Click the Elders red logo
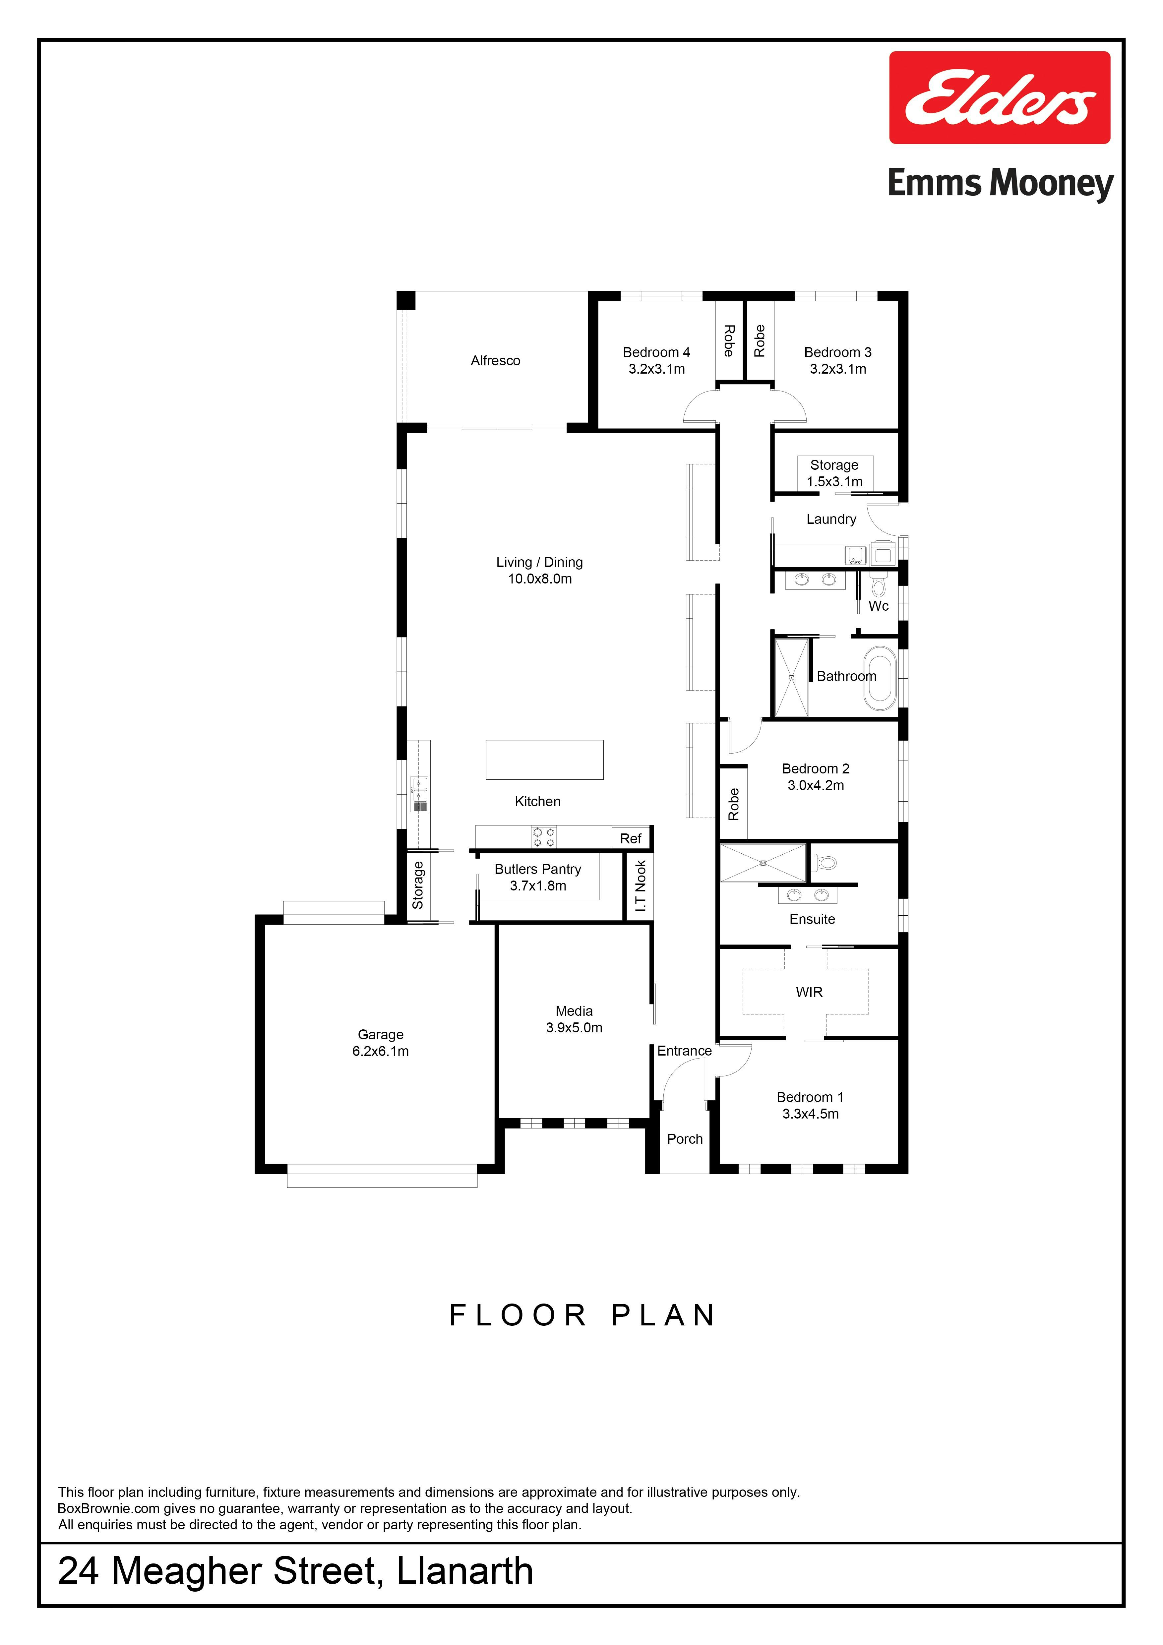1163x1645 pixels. (x=1000, y=97)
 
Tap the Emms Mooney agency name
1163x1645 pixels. (x=1000, y=183)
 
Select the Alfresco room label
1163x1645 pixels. (x=495, y=360)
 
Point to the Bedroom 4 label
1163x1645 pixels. (x=656, y=352)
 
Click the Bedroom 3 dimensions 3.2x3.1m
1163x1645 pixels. (x=838, y=369)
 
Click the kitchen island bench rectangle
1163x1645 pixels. (x=545, y=760)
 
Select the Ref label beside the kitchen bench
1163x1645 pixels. (x=631, y=838)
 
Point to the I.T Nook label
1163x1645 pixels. (x=641, y=885)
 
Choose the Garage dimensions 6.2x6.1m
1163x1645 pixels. (x=381, y=1051)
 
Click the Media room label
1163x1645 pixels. (x=574, y=1011)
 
